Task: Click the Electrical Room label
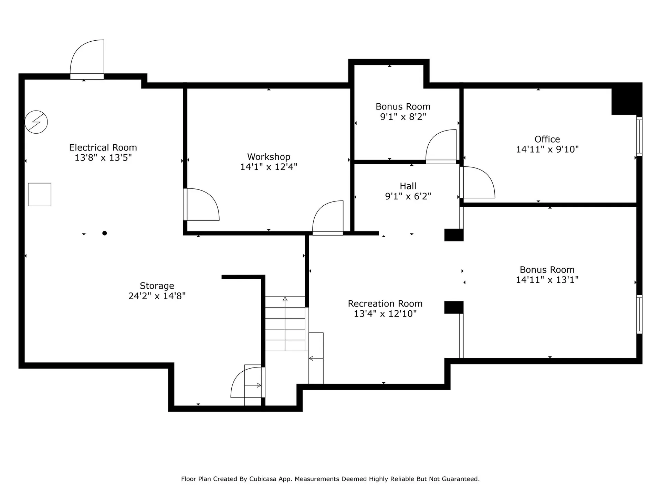(103, 148)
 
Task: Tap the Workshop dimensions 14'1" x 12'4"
(269, 167)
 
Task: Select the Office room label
(547, 139)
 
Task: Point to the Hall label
(408, 186)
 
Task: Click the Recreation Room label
(385, 304)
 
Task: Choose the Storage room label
(157, 286)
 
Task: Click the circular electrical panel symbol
(36, 122)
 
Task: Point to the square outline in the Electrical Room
(40, 195)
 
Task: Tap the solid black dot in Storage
(105, 233)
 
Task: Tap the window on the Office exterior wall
(639, 136)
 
